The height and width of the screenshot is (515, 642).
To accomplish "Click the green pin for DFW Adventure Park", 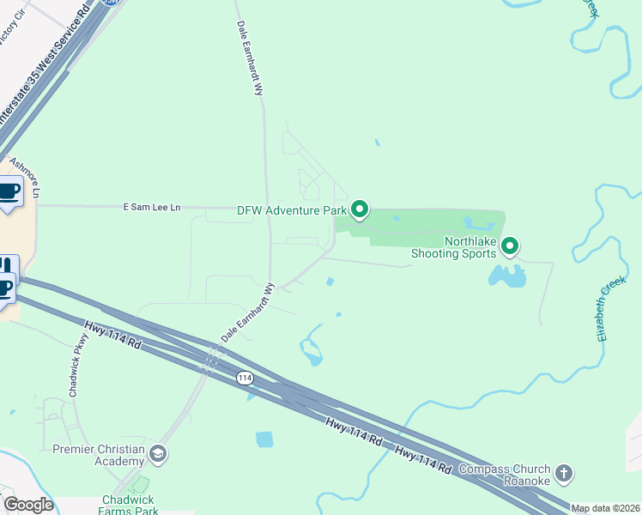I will point(360,209).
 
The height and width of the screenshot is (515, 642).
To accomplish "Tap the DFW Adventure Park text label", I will point(292,209).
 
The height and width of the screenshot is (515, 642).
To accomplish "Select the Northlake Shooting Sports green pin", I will point(510,247).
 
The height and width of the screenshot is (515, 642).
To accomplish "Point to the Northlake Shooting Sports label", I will point(453,247).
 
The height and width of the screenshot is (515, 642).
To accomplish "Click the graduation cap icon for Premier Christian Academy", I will point(157,453).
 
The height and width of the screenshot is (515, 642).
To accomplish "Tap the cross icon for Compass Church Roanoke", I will point(563,473).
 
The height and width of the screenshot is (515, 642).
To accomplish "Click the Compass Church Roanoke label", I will point(504,475).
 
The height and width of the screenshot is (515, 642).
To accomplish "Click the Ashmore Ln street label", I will point(25,175).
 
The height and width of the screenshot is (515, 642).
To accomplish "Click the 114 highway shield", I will point(245,378).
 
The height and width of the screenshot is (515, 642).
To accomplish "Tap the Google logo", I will point(27,505).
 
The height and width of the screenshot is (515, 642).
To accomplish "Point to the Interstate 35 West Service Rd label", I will point(45,71).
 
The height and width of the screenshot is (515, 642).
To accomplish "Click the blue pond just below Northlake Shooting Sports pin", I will point(507,276).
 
